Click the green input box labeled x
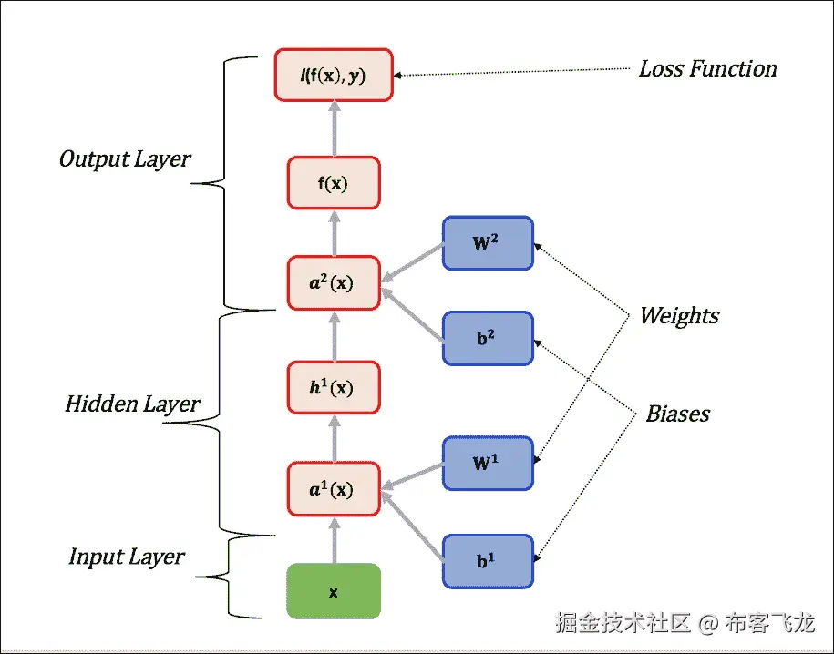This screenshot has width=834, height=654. tap(333, 591)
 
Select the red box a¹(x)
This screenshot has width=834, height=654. tap(333, 489)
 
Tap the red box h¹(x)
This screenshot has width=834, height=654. tap(333, 387)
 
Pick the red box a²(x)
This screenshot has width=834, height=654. tap(333, 282)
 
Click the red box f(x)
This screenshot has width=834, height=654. tap(333, 182)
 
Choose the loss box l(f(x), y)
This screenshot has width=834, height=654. tap(333, 75)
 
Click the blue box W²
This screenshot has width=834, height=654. tap(488, 242)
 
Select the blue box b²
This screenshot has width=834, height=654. tap(488, 338)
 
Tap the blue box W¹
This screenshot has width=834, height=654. tap(488, 463)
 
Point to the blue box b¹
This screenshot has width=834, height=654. tap(488, 561)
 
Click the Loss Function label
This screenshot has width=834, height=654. tap(707, 69)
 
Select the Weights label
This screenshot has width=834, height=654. tap(679, 316)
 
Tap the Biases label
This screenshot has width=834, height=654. tap(677, 414)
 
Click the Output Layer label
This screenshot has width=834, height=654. tap(125, 159)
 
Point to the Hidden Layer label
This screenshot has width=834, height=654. tap(132, 404)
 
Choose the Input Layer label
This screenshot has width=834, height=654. tap(127, 557)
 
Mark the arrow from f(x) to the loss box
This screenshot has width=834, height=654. tap(333, 128)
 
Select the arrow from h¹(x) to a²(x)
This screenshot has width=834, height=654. tap(333, 334)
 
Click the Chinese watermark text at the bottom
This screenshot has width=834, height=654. tap(684, 624)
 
